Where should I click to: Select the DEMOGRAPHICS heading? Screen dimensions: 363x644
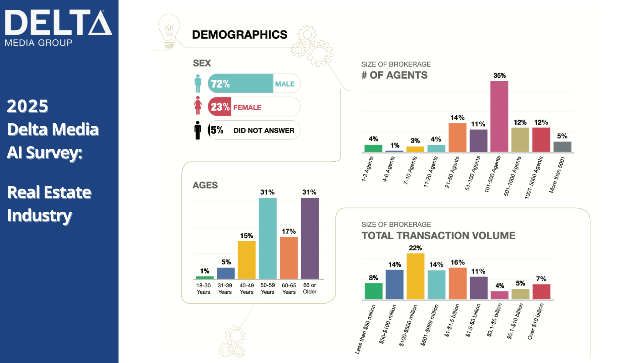coord(239,35)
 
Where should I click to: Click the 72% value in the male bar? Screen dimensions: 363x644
coord(220,84)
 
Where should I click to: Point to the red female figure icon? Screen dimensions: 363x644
coord(198,106)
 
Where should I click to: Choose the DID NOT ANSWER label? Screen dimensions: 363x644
coord(264,130)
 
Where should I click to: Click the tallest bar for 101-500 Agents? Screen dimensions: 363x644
coord(499,116)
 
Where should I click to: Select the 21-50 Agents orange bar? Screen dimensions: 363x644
coord(457,137)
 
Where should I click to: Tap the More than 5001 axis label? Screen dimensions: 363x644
coord(557,174)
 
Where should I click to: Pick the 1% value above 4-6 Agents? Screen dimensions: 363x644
coord(395,145)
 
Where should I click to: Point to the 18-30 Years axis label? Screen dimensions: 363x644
coord(203,289)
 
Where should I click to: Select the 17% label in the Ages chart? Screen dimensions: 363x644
coord(288,231)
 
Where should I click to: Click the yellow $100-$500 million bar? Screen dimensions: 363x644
coord(415,276)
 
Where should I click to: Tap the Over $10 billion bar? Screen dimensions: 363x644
coord(541,292)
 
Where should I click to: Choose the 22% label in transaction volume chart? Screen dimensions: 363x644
coord(415,248)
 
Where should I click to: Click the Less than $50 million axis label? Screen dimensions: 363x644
coord(365,329)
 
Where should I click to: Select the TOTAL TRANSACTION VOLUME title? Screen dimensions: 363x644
coord(438,236)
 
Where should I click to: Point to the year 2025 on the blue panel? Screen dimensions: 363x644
coord(28,106)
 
